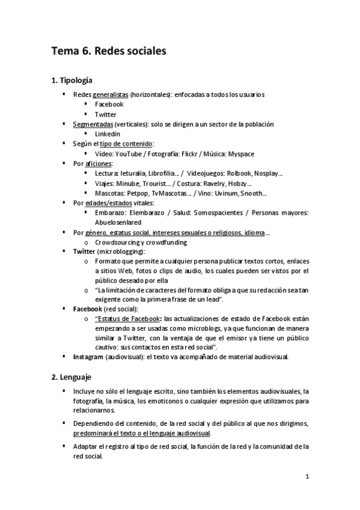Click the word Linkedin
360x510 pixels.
click(x=108, y=134)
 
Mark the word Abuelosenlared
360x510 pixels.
click(x=118, y=222)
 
